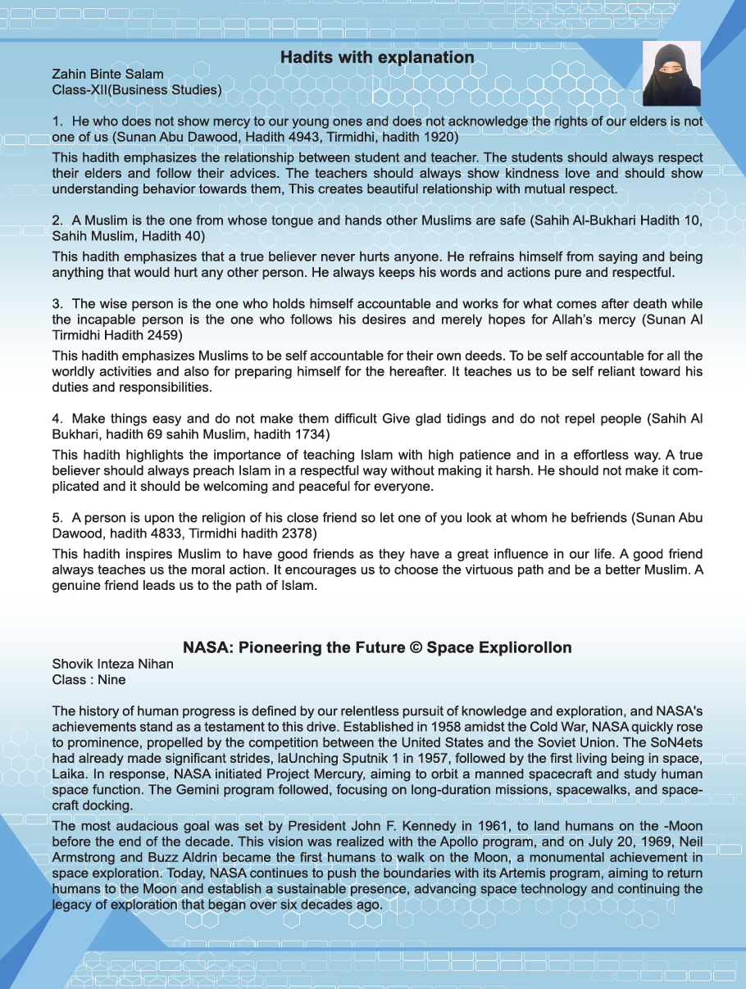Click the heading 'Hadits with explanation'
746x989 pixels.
pos(377,57)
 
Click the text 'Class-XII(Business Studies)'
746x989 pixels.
pos(137,89)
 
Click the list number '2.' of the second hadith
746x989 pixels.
pos(58,221)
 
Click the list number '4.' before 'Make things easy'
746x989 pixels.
pos(58,419)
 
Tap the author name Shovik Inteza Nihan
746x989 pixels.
pos(113,665)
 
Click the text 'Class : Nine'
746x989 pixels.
pos(89,679)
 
